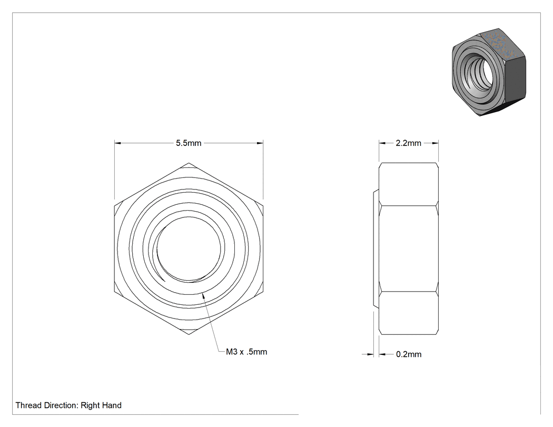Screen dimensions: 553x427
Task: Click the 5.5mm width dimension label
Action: click(x=189, y=143)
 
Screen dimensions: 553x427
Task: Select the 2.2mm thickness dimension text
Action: click(x=408, y=143)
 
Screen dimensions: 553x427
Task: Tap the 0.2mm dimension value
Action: click(x=409, y=354)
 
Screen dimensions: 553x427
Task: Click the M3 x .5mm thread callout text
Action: click(x=246, y=352)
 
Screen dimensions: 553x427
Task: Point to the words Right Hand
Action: click(x=101, y=405)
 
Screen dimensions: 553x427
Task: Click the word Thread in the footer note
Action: click(x=28, y=405)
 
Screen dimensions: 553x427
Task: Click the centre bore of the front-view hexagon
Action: click(x=189, y=249)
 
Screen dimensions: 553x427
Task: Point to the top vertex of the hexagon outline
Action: click(x=189, y=163)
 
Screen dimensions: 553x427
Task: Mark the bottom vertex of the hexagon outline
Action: click(x=189, y=334)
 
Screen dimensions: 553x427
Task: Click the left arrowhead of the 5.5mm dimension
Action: click(x=118, y=143)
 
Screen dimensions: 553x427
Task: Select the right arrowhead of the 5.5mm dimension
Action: click(x=260, y=143)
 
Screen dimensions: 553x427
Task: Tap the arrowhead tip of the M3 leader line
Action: click(x=202, y=293)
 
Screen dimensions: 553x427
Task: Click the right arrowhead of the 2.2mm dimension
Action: click(x=435, y=143)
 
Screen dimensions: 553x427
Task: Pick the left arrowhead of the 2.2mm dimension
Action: click(x=382, y=143)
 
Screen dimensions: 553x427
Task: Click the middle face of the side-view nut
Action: click(x=409, y=249)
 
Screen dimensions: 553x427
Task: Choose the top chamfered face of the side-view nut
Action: click(x=409, y=184)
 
